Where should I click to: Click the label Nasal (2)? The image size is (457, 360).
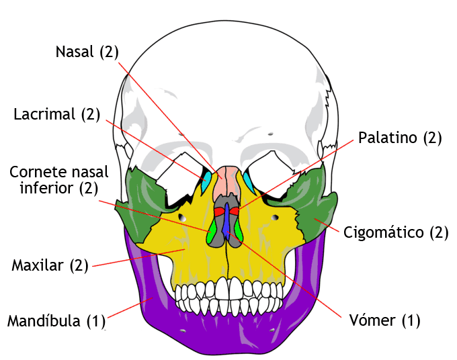click(x=87, y=52)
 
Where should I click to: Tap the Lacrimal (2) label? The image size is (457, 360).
click(x=56, y=114)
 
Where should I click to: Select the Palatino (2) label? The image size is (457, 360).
click(x=399, y=138)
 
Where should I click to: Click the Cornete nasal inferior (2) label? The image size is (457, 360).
click(x=50, y=180)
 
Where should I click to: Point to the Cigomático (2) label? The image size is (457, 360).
click(x=395, y=233)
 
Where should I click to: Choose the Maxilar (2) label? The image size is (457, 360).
click(x=50, y=265)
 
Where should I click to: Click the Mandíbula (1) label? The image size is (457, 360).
click(x=56, y=320)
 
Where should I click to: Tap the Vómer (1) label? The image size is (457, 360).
click(x=384, y=320)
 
